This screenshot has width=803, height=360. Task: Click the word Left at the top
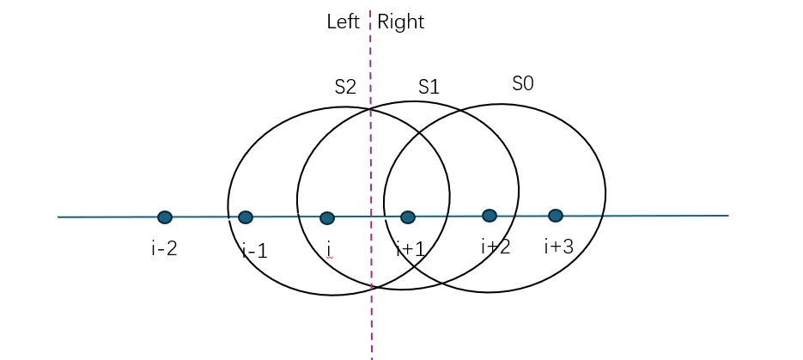click(x=343, y=22)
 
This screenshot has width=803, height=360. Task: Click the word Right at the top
click(x=400, y=22)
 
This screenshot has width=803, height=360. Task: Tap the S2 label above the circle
click(x=345, y=87)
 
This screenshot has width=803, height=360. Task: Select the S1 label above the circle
click(x=429, y=87)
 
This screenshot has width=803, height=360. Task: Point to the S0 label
click(x=522, y=83)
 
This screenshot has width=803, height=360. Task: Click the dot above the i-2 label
click(x=165, y=217)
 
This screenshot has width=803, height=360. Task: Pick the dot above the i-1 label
click(x=246, y=217)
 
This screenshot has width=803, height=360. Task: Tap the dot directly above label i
click(x=326, y=218)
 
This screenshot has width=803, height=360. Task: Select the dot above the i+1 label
click(x=408, y=217)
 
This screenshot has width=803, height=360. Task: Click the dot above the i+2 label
click(x=490, y=216)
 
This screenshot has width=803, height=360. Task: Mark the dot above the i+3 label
click(x=556, y=216)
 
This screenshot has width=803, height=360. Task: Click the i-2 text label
click(x=164, y=249)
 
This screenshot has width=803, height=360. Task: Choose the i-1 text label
click(x=255, y=252)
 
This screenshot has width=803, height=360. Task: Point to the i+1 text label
click(x=411, y=249)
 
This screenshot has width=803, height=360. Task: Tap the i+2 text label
click(x=496, y=247)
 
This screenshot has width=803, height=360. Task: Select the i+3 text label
click(x=558, y=247)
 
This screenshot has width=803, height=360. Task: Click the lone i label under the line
click(x=330, y=250)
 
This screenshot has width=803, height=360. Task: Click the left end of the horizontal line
click(x=58, y=217)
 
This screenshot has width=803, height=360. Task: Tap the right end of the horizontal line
click(x=727, y=216)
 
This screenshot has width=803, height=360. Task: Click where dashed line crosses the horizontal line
click(x=371, y=217)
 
